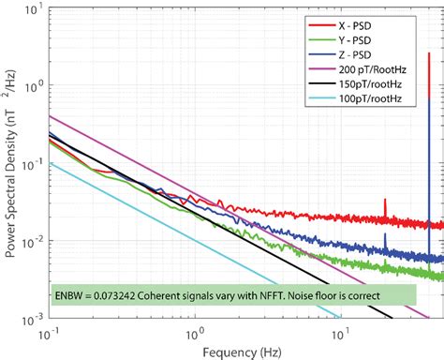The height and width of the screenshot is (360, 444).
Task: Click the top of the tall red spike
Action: [429, 53]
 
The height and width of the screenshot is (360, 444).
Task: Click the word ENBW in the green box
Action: [68, 294]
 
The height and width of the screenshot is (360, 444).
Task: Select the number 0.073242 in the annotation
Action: [117, 294]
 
